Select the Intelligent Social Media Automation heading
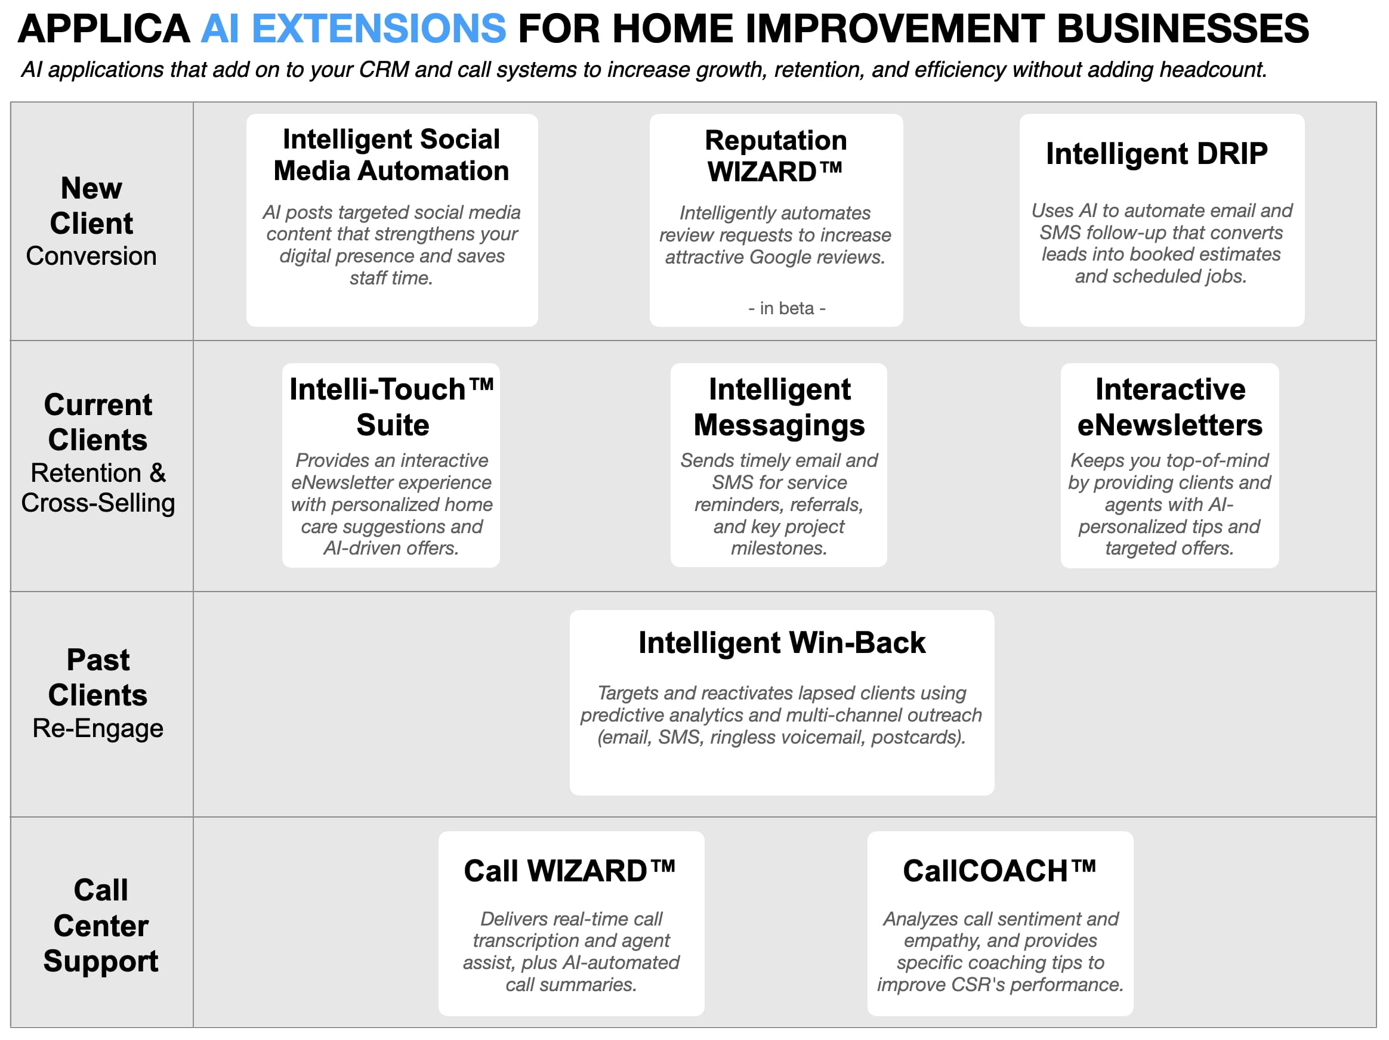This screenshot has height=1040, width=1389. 391,154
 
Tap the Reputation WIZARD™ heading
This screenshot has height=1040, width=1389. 776,156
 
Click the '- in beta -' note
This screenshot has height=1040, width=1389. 787,308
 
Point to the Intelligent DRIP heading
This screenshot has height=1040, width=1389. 1157,153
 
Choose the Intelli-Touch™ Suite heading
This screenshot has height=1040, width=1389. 392,407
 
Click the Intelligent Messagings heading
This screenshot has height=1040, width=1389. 779,407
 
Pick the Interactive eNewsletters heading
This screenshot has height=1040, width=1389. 1170,407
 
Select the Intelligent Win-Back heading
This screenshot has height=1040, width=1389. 782,643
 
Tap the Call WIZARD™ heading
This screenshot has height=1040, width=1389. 570,871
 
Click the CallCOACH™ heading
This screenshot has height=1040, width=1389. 999,871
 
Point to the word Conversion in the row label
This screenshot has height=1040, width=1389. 92,256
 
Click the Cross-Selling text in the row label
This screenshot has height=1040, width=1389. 98,503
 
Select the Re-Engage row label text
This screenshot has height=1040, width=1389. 98,729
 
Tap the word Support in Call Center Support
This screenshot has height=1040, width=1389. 101,961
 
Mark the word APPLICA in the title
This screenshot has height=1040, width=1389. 104,28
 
